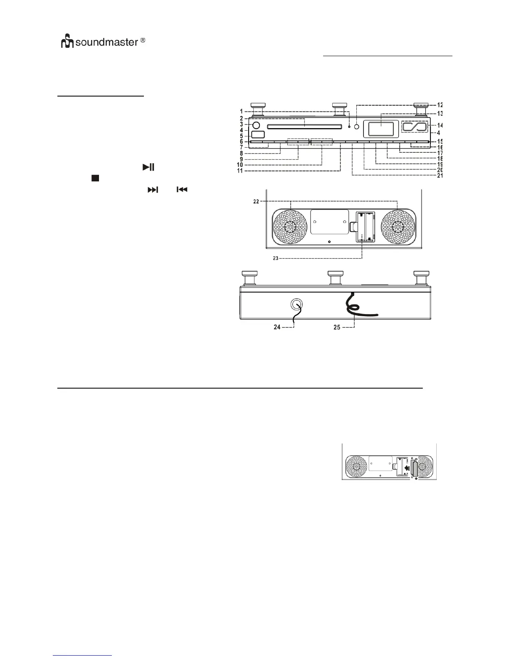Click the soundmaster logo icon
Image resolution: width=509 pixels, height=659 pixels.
click(67, 42)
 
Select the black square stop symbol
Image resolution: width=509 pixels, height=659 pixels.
click(94, 178)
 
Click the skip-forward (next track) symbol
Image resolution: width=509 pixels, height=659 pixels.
click(153, 190)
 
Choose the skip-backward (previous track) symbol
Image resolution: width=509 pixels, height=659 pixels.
click(182, 190)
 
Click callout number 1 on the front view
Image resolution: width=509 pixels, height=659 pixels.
click(241, 111)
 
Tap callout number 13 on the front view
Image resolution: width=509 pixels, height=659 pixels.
click(440, 114)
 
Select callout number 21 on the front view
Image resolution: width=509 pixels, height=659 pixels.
click(440, 176)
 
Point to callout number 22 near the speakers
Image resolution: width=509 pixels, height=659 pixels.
click(256, 201)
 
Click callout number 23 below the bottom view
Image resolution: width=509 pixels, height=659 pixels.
click(275, 258)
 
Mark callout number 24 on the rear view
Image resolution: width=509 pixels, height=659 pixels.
click(277, 327)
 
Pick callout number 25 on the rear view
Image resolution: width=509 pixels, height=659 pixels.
click(337, 327)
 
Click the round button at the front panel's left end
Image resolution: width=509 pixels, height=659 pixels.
click(256, 125)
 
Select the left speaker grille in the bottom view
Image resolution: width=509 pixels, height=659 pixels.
click(290, 228)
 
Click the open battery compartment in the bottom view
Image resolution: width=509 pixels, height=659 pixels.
click(365, 226)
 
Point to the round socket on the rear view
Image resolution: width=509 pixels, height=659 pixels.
click(297, 305)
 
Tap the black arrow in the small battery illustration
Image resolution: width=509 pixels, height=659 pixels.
click(406, 468)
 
